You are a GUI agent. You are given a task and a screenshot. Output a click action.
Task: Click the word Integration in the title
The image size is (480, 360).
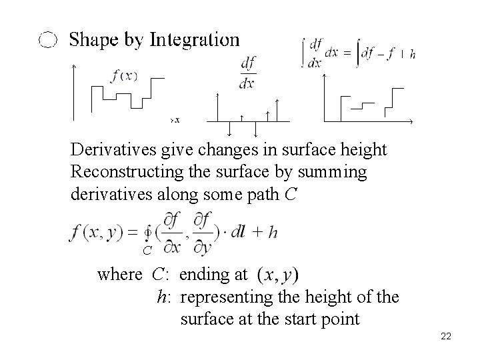(194, 40)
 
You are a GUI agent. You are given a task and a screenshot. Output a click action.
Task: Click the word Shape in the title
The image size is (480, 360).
(94, 41)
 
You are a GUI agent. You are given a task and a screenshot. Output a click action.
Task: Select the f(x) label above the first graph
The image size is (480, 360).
(124, 75)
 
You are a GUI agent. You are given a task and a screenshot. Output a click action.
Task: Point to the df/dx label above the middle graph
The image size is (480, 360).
(247, 73)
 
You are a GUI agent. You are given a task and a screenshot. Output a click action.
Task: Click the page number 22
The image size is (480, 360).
(446, 336)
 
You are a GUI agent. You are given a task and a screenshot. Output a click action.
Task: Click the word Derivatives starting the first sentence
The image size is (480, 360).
(107, 149)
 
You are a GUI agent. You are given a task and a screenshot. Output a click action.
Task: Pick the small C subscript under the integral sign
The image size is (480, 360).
(147, 251)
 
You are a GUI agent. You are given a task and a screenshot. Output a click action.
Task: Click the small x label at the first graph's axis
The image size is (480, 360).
(177, 120)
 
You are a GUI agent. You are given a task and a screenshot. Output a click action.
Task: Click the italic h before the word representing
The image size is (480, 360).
(163, 297)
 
